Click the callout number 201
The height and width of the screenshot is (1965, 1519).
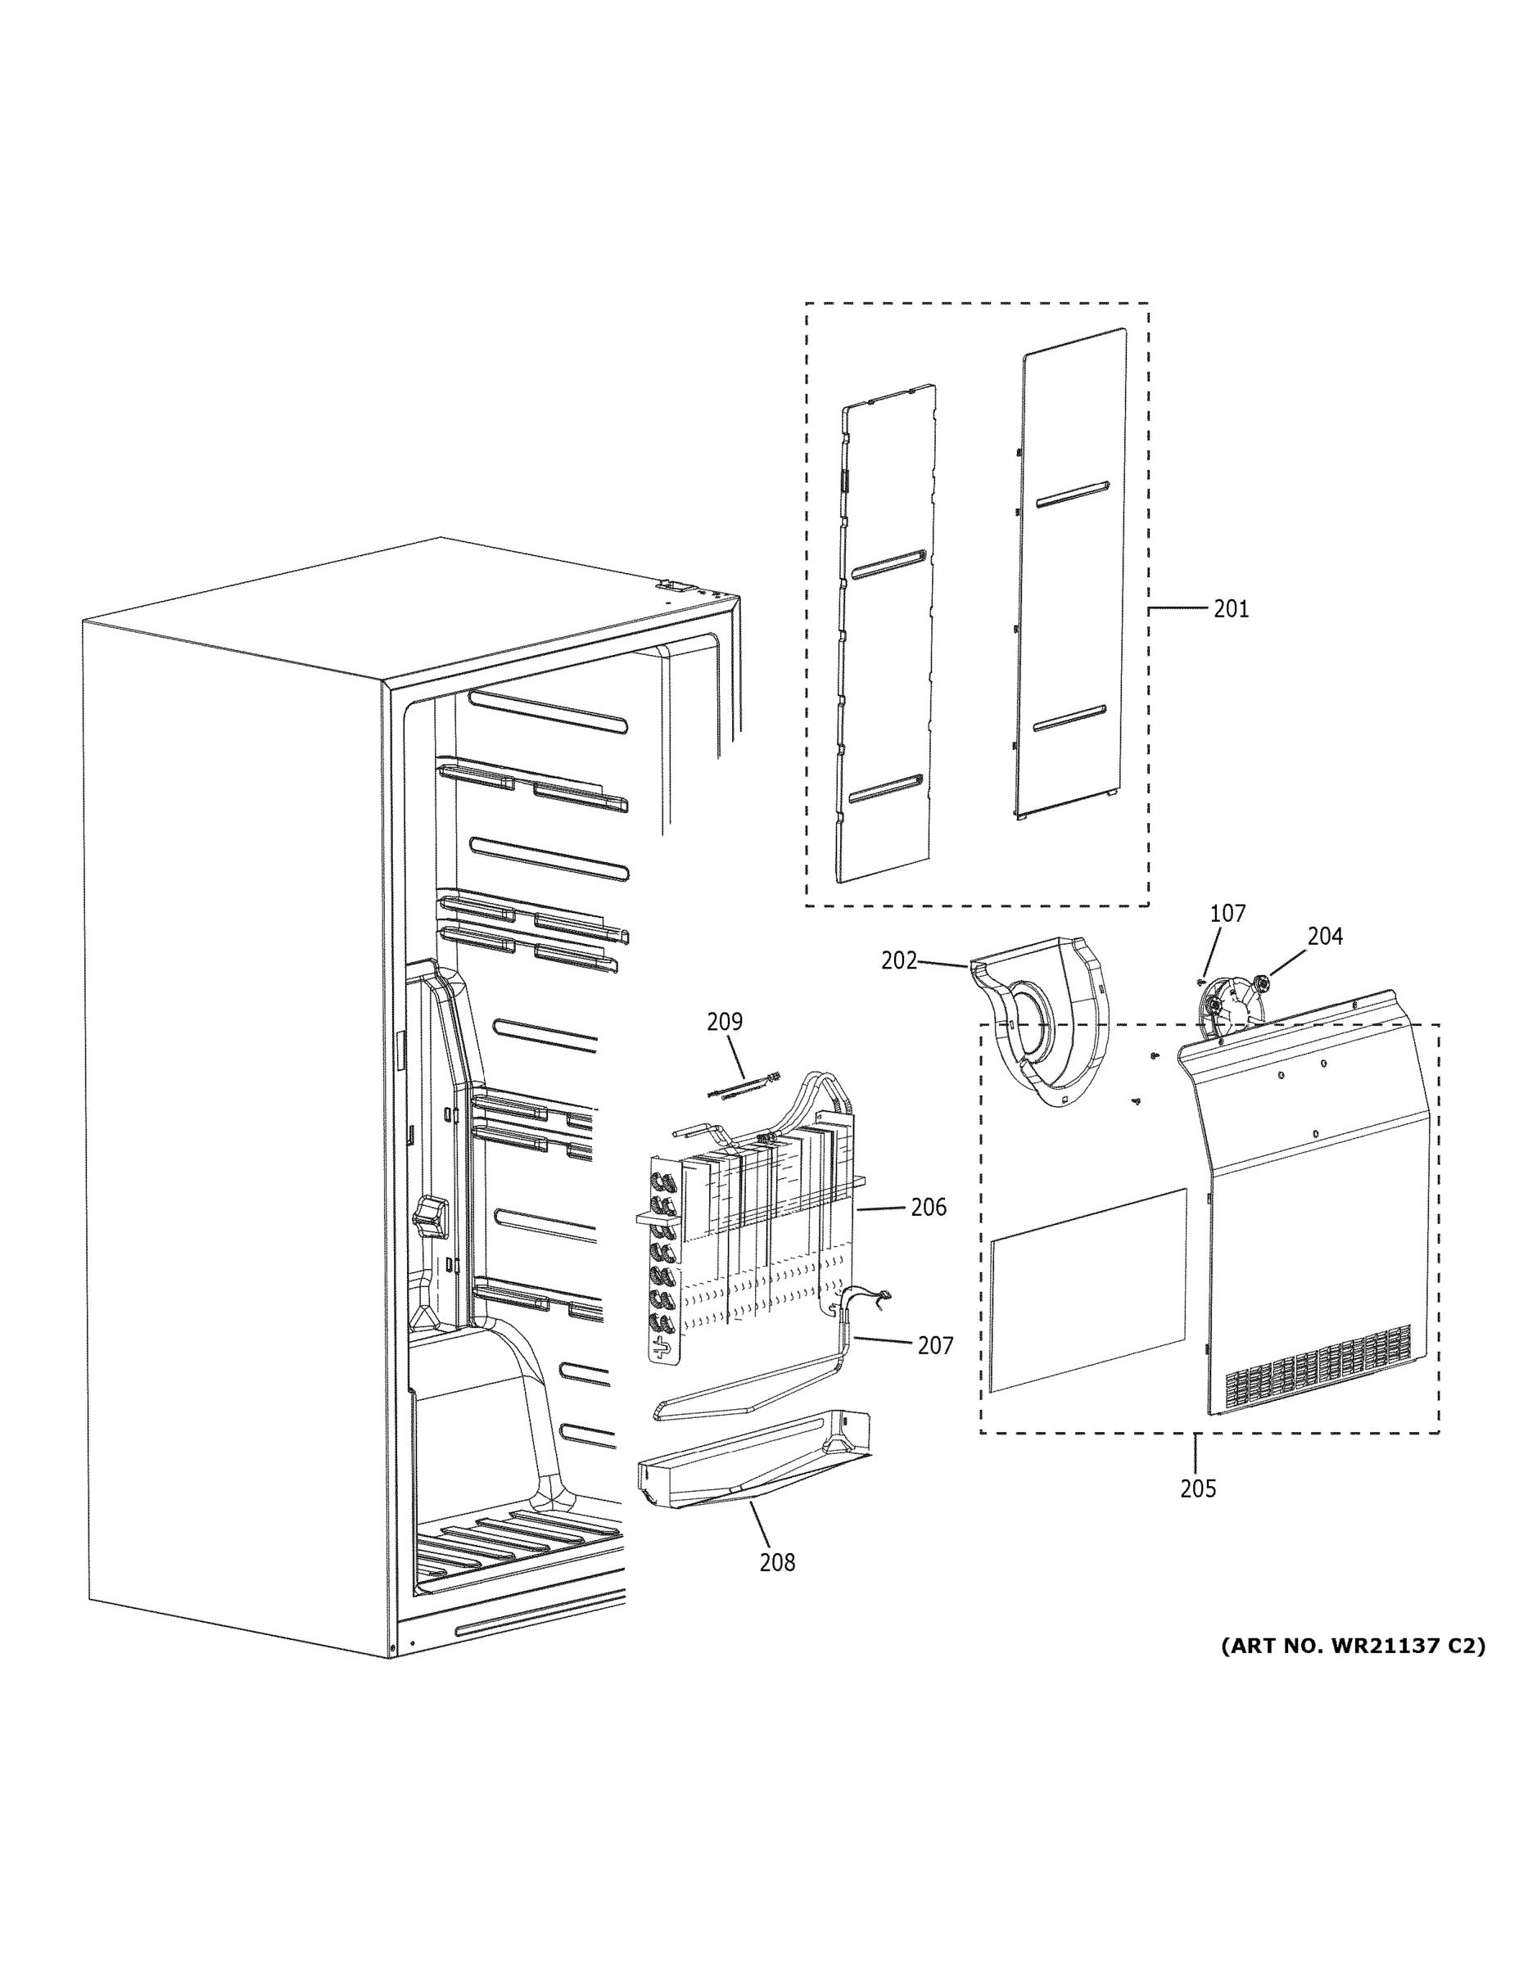(1230, 609)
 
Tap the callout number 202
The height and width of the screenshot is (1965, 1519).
(898, 961)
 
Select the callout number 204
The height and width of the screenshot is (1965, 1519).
(1325, 937)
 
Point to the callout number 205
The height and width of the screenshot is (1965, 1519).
(1198, 1489)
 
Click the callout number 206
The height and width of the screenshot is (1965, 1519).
(929, 1207)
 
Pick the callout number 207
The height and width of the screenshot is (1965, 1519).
(935, 1345)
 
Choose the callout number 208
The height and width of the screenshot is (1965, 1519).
(776, 1563)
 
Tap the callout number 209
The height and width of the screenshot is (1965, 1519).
(725, 1022)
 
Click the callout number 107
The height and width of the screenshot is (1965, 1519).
(1227, 913)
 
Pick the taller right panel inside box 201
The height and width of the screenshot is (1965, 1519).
(1072, 576)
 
